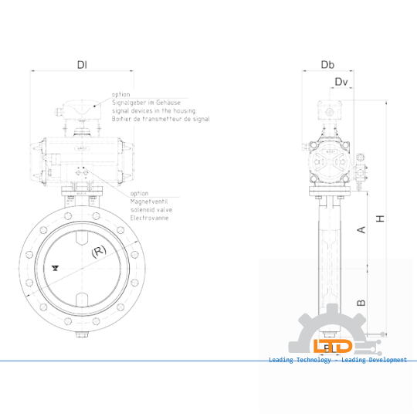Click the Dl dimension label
click(82, 65)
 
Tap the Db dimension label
click(328, 65)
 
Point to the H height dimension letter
click(380, 219)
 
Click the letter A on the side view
click(361, 229)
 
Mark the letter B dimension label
click(361, 303)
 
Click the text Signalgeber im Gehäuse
click(146, 103)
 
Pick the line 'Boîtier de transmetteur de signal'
click(160, 120)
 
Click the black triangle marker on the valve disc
click(56, 267)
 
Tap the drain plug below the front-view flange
click(82, 334)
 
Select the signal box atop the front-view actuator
click(81, 111)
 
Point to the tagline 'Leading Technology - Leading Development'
click(337, 360)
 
